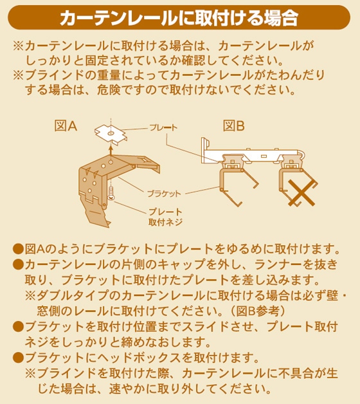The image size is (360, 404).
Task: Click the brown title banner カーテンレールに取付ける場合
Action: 179,17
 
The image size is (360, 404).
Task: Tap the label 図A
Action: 66,126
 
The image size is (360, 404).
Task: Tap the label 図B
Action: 234,126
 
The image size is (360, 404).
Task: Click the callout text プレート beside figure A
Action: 163,127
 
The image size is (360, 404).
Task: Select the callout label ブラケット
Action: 164,194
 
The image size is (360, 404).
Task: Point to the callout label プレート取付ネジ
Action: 165,217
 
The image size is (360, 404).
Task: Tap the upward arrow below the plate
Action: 111,150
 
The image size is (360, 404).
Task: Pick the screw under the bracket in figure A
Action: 111,193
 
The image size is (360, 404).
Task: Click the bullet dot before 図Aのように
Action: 18,249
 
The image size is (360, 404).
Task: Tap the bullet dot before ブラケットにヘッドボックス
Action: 18,358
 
